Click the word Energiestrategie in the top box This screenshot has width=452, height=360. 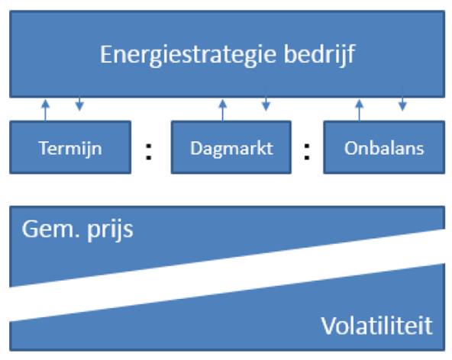(x=189, y=55)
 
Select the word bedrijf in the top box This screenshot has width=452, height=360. (x=319, y=55)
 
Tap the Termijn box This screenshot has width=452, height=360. (x=70, y=147)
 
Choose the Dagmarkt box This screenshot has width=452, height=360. (x=231, y=147)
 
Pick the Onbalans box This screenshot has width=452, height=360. (x=384, y=147)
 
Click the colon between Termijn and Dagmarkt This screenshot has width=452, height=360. (x=148, y=151)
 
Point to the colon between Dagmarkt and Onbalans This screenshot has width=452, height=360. (x=307, y=151)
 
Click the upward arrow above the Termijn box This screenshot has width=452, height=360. (x=45, y=110)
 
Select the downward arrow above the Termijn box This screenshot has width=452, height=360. (x=79, y=104)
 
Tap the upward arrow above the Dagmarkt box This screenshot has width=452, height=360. (x=222, y=110)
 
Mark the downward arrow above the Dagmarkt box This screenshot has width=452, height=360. (x=266, y=104)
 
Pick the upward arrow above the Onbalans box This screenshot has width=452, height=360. (x=359, y=110)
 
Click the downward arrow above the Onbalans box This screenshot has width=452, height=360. (x=402, y=104)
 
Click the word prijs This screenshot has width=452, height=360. (x=111, y=231)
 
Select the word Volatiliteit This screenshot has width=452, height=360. (x=377, y=326)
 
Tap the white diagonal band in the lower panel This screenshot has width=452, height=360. (x=228, y=275)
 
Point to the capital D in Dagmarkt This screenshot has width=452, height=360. (x=196, y=148)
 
